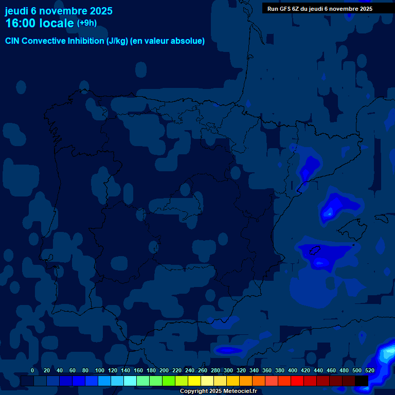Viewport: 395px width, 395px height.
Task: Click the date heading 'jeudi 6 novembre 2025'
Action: [59, 11]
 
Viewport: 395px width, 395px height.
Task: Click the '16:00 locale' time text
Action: [39, 23]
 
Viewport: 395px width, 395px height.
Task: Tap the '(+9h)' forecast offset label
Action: [86, 23]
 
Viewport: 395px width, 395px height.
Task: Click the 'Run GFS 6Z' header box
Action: [320, 9]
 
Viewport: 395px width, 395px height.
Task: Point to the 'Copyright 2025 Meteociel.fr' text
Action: [218, 391]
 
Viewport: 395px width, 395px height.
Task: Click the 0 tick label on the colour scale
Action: [32, 370]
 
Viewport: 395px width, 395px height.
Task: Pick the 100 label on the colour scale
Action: [100, 370]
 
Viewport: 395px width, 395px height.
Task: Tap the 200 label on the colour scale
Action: [164, 370]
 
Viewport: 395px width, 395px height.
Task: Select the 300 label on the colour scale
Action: [228, 370]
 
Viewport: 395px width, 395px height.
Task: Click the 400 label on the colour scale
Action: [293, 370]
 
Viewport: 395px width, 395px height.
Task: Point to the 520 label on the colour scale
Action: [369, 370]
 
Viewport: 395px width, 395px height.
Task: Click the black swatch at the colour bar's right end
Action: [362, 381]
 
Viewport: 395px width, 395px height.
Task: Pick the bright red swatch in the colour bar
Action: [297, 381]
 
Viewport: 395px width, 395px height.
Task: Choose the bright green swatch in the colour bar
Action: [169, 381]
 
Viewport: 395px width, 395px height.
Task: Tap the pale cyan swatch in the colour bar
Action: [130, 381]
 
